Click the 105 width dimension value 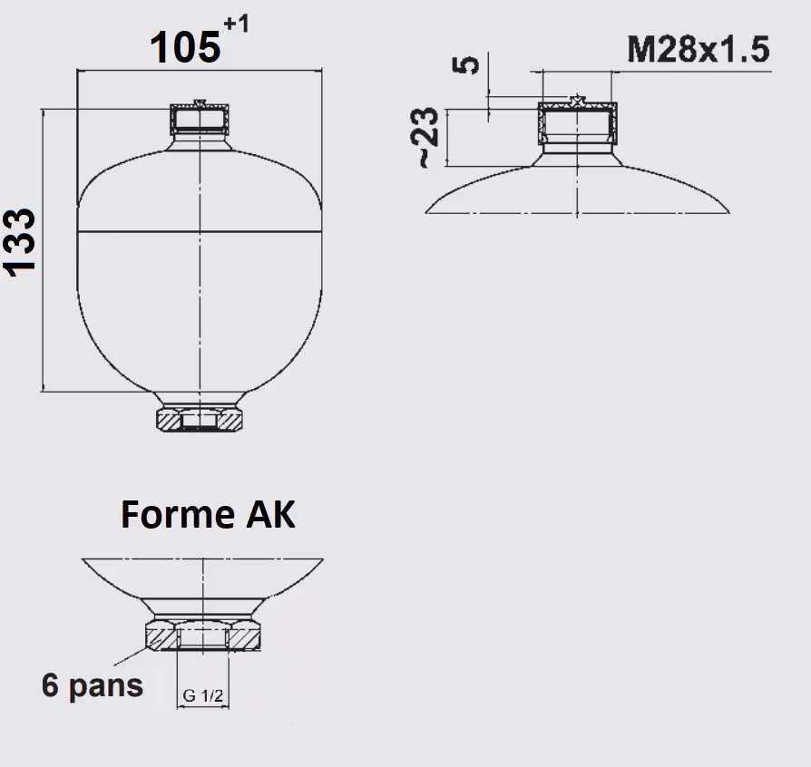tap(185, 47)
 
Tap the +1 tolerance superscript tap(237, 24)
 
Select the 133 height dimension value tap(20, 243)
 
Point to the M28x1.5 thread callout tap(699, 50)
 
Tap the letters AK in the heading tap(270, 514)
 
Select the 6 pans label tap(93, 684)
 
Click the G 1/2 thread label tap(203, 695)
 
